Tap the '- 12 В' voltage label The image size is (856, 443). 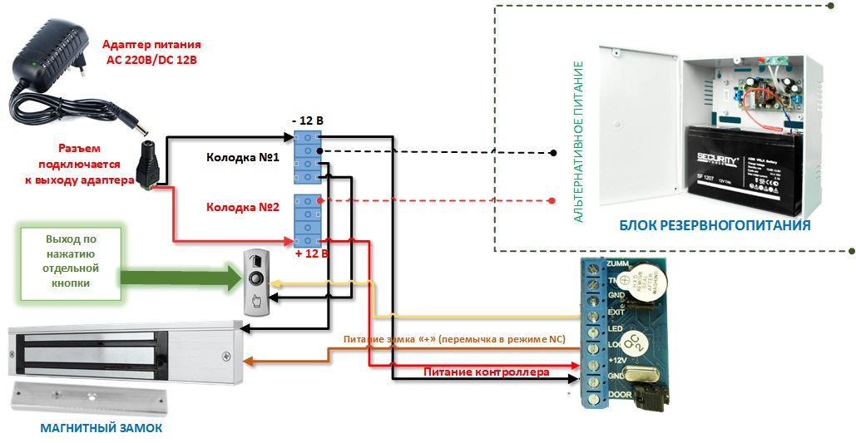[x=307, y=121]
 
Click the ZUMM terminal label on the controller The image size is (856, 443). [x=617, y=263]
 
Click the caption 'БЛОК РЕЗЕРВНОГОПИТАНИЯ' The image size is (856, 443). [x=715, y=225]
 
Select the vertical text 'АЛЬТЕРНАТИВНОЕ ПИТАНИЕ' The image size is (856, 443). [x=579, y=141]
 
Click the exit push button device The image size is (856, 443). [x=258, y=282]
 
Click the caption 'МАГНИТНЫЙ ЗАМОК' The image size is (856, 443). [x=101, y=428]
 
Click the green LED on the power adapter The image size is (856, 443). [x=32, y=63]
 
